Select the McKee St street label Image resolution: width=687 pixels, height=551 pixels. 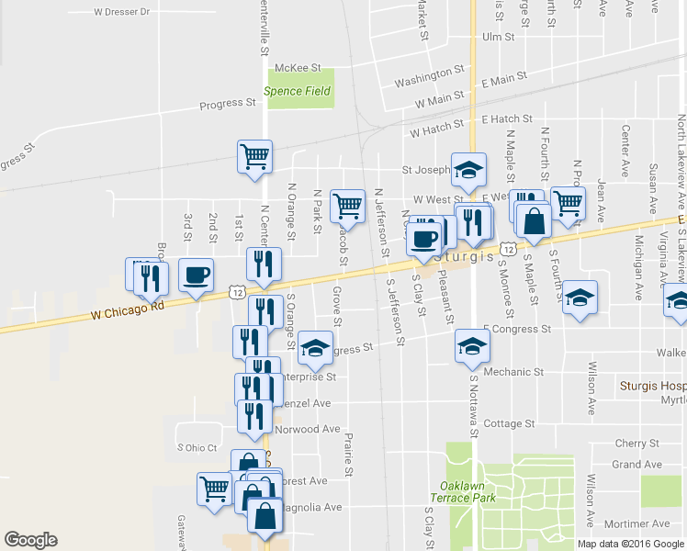coord(299,68)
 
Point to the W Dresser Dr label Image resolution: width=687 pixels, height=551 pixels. coord(121,13)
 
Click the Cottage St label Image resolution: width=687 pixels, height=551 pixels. coord(509,423)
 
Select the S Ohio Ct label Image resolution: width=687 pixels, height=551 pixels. coord(196,447)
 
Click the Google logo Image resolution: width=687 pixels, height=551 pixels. coord(30,539)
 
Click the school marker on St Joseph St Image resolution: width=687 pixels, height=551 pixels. coord(468,168)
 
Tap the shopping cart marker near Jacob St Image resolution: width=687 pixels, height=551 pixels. coord(347,206)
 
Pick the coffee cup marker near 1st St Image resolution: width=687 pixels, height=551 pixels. coord(196,275)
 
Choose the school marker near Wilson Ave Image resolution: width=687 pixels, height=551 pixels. coord(580,298)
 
